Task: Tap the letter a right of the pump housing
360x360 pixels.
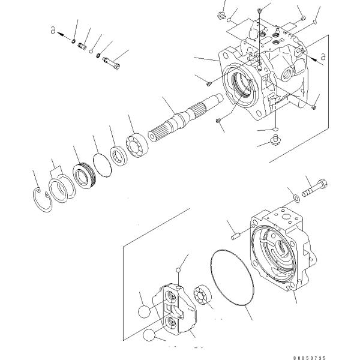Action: click(323, 57)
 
